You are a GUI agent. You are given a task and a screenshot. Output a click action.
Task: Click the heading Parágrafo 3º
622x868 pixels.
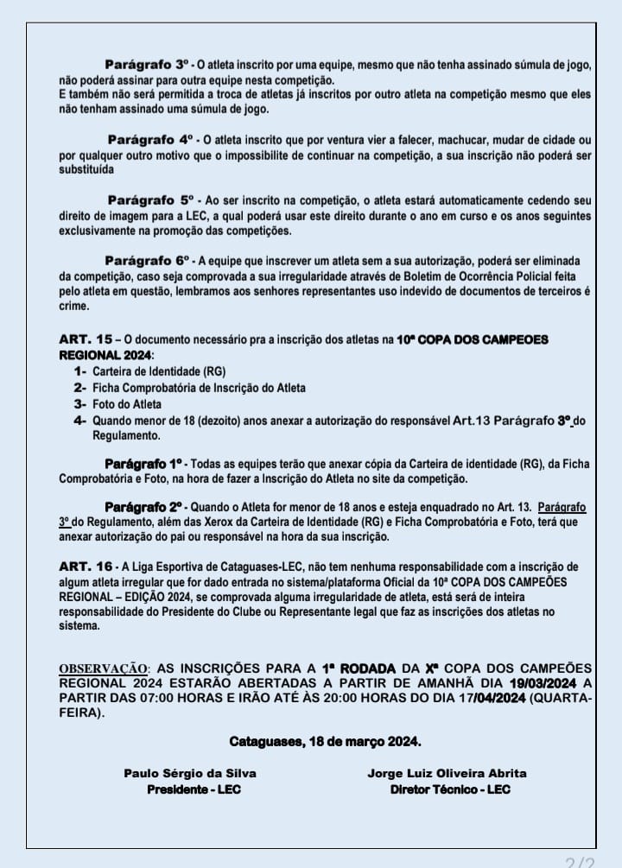pyautogui.click(x=150, y=65)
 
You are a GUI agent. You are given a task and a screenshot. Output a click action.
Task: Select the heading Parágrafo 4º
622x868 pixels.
pyautogui.click(x=153, y=139)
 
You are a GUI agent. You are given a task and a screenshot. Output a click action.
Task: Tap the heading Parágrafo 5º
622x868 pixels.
pyautogui.click(x=155, y=200)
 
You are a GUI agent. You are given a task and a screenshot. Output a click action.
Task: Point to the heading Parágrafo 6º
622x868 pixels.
pyautogui.click(x=151, y=260)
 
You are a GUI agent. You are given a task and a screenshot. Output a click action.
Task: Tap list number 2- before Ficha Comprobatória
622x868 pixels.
pyautogui.click(x=80, y=387)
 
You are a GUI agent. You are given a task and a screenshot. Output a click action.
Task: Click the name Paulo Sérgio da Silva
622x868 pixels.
pyautogui.click(x=190, y=773)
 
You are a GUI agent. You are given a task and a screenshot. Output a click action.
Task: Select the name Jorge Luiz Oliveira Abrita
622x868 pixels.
pyautogui.click(x=447, y=773)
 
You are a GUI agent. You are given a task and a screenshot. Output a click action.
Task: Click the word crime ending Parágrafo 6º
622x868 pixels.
pyautogui.click(x=73, y=305)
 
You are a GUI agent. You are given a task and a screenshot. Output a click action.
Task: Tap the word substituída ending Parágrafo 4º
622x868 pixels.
pyautogui.click(x=86, y=170)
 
